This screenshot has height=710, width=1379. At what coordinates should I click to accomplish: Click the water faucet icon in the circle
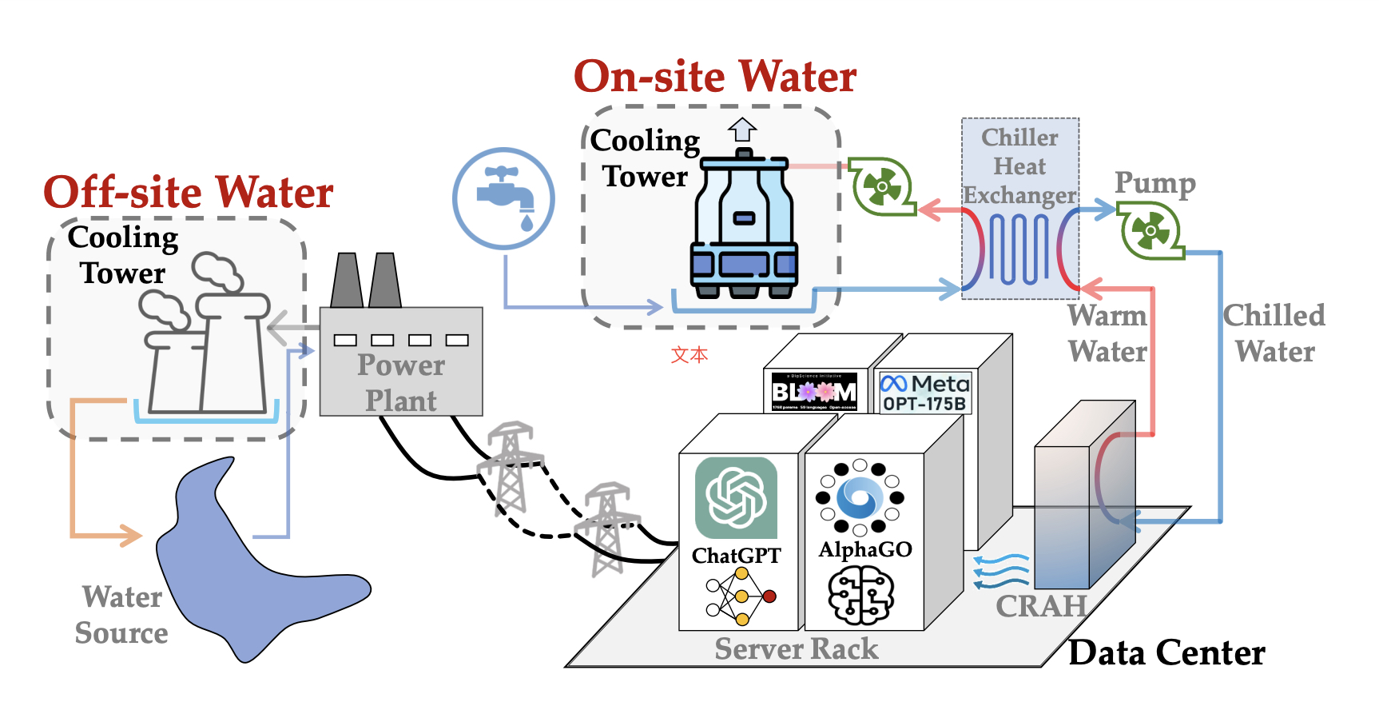[504, 197]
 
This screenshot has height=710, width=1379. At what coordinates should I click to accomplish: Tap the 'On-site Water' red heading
[715, 78]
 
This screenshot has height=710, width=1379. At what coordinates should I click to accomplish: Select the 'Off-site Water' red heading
[189, 193]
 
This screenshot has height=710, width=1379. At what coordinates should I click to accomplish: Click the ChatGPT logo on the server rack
[736, 497]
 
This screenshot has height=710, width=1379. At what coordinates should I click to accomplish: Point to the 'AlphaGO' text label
[865, 549]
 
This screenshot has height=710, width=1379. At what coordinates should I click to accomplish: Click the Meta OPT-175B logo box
[924, 393]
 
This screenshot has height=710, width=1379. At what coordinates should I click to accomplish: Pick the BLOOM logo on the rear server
[814, 391]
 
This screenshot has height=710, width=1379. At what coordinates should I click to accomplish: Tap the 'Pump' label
[1155, 183]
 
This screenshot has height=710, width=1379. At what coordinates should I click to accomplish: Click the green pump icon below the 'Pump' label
[1150, 231]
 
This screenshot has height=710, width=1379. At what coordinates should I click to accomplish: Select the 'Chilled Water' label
[1274, 333]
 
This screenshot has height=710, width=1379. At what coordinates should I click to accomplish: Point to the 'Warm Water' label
[1107, 333]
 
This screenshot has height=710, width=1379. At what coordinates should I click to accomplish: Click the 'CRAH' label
[1041, 606]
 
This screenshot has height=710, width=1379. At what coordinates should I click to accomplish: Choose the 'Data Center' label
[1166, 652]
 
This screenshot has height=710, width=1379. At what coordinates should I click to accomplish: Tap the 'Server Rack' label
[796, 648]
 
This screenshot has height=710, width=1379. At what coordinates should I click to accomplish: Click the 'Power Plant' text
[401, 382]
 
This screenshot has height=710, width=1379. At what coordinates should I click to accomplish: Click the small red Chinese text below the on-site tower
[689, 354]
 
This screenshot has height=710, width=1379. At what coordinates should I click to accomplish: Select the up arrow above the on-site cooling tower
[742, 129]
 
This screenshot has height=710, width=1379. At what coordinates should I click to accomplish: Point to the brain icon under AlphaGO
[860, 595]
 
